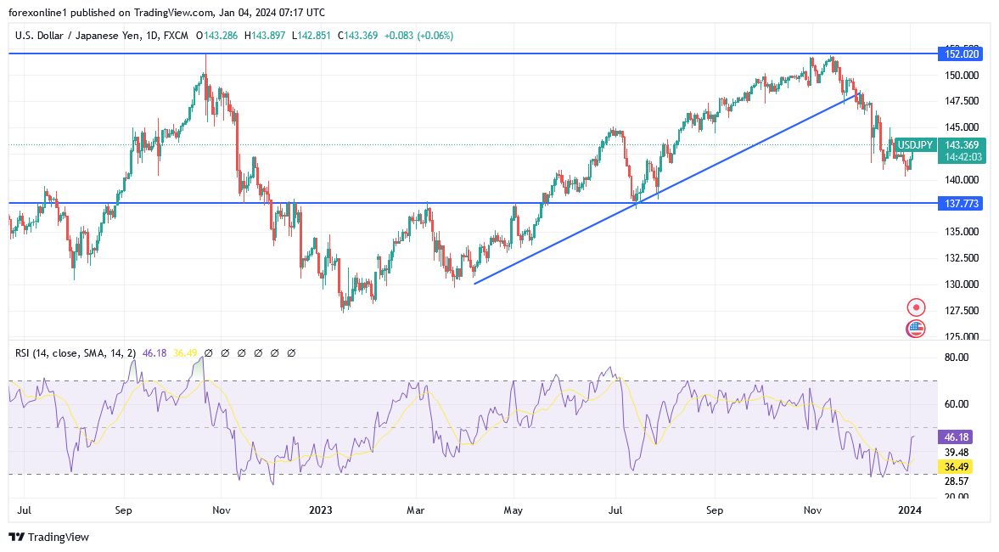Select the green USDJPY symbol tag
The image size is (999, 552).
[915, 145]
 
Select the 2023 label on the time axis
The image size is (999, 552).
[320, 510]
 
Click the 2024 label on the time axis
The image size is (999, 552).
[910, 510]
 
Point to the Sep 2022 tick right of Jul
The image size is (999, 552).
[124, 510]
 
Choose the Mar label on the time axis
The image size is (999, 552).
[416, 510]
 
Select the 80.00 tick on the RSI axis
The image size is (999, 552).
[957, 358]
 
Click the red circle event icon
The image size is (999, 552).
[916, 307]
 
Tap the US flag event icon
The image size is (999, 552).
[916, 329]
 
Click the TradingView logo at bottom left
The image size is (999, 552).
[48, 537]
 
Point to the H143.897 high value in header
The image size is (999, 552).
[266, 36]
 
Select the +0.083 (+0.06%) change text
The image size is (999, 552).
[418, 36]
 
